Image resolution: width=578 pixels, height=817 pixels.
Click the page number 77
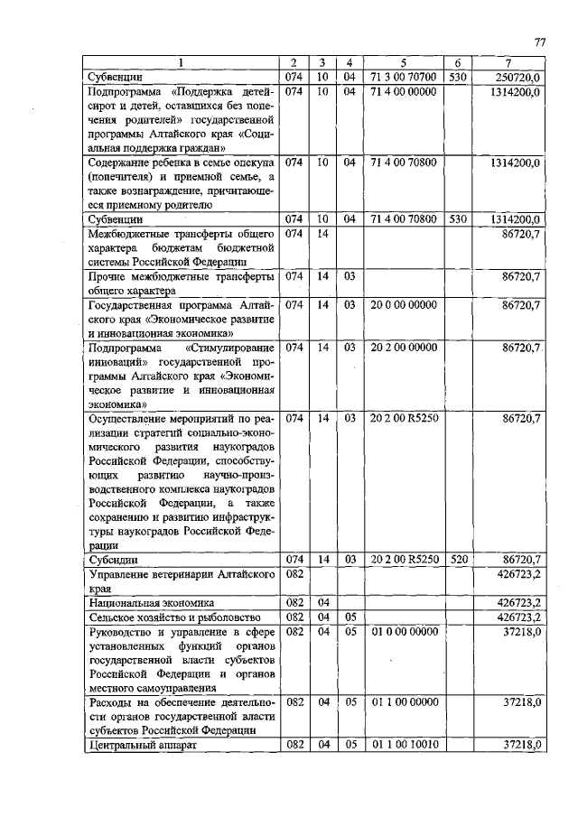[540, 42]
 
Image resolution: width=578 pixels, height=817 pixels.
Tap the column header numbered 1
[181, 63]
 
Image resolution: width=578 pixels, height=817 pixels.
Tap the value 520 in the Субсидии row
[459, 560]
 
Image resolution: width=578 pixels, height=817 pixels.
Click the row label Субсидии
[114, 561]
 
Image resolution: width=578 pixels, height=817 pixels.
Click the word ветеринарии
[185, 574]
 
